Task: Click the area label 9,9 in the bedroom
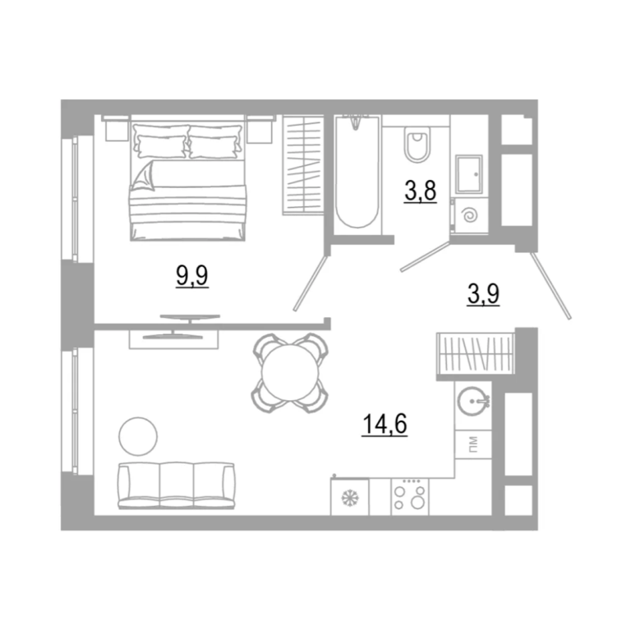192,276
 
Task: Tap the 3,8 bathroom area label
421,191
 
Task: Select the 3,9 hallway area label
483,294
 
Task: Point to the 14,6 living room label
385,424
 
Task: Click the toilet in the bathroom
417,144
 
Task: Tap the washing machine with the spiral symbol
470,216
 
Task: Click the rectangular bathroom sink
469,174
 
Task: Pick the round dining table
290,373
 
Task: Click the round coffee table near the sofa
138,436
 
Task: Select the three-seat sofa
177,486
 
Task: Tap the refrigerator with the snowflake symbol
350,497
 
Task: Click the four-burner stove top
410,497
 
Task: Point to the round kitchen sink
473,401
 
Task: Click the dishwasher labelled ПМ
473,444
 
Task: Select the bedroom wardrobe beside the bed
303,165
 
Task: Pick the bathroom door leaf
425,256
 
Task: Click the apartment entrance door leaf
550,286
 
